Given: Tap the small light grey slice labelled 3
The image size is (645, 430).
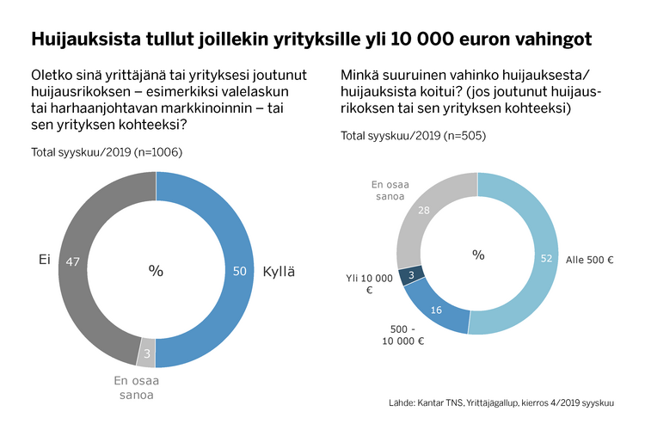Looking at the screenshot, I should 147,352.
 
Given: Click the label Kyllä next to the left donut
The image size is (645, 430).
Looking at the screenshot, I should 278,271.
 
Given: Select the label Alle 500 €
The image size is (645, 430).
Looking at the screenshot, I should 589,259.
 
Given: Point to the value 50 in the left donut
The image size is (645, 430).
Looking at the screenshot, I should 240,271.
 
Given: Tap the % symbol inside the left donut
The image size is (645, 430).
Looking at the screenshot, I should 156,271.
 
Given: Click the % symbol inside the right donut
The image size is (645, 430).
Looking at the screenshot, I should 478,255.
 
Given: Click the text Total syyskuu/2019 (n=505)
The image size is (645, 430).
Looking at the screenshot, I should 402,136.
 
